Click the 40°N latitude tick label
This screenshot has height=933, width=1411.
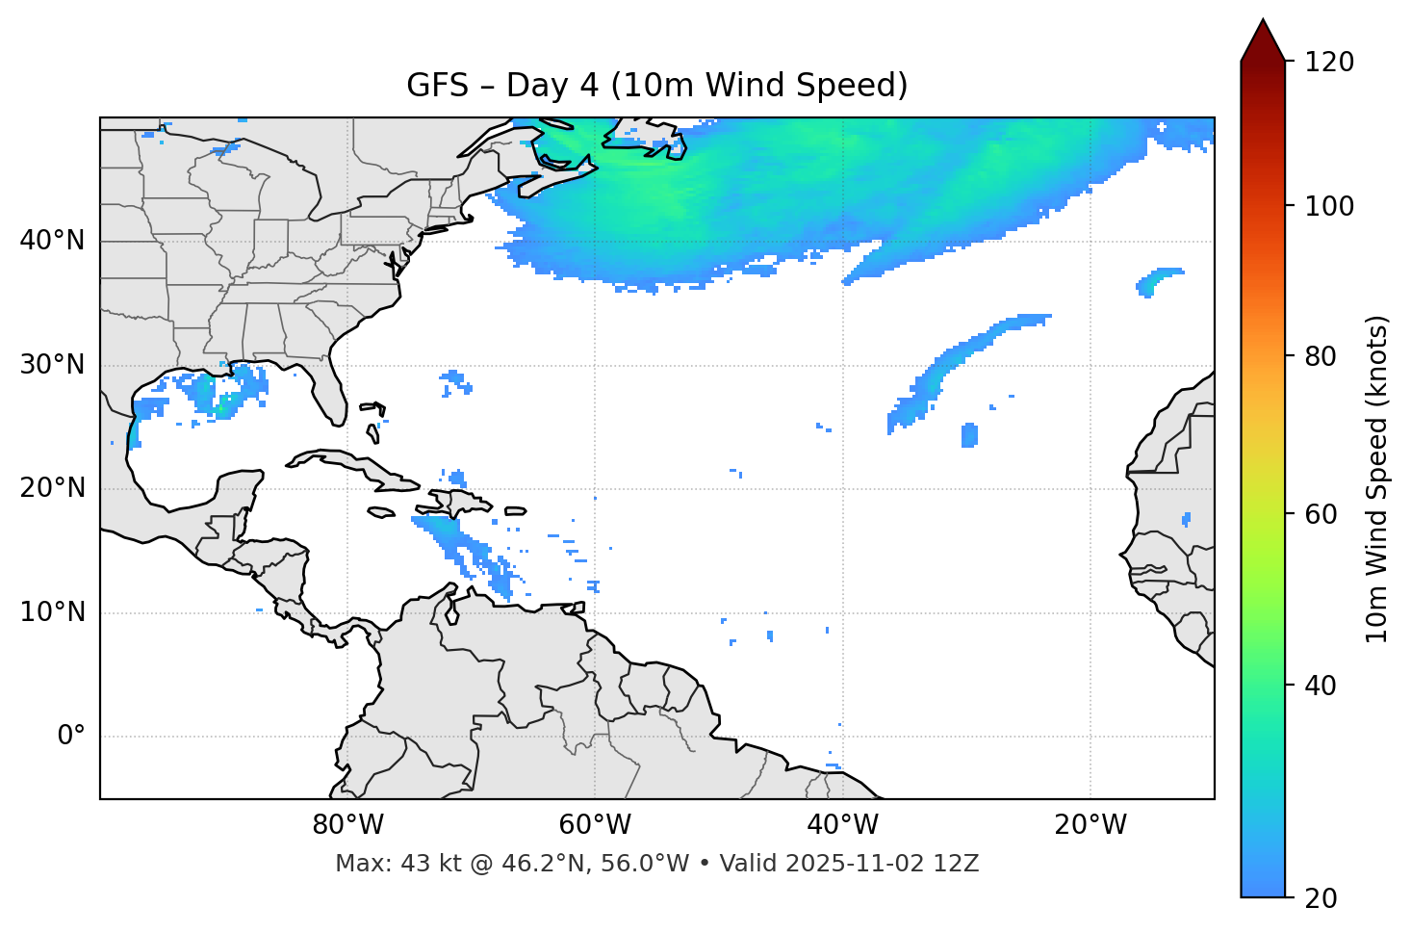pyautogui.click(x=52, y=241)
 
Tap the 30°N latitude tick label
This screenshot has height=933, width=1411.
pyautogui.click(x=52, y=365)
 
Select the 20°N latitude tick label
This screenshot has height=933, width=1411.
pyautogui.click(x=52, y=488)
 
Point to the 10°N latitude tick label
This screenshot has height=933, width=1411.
pyautogui.click(x=52, y=612)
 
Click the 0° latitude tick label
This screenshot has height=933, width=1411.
pyautogui.click(x=71, y=737)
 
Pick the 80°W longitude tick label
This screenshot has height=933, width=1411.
pyautogui.click(x=347, y=825)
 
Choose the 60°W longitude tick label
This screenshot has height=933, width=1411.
pyautogui.click(x=595, y=825)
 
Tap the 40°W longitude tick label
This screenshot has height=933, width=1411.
pyautogui.click(x=843, y=825)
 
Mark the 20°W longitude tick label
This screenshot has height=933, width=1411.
pyautogui.click(x=1090, y=825)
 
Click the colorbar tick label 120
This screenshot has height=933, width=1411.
pyautogui.click(x=1329, y=63)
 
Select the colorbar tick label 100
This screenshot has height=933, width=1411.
pyautogui.click(x=1329, y=206)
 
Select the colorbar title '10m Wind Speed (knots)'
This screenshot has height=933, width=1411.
pyautogui.click(x=1377, y=479)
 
